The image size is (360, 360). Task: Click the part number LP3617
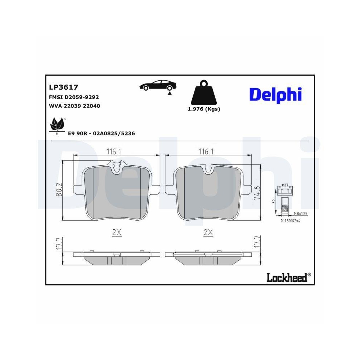[x=63, y=87]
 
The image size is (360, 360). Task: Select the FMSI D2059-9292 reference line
[x=74, y=97]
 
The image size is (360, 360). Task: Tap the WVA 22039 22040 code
[x=74, y=106]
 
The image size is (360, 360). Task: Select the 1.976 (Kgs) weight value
[x=204, y=109]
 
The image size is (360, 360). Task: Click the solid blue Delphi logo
[x=275, y=94]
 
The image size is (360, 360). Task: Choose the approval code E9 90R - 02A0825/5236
[x=101, y=133]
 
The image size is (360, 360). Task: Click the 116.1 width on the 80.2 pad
[x=113, y=152]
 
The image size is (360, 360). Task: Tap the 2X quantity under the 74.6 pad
[x=208, y=233]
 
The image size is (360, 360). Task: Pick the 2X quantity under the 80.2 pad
[x=116, y=233]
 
